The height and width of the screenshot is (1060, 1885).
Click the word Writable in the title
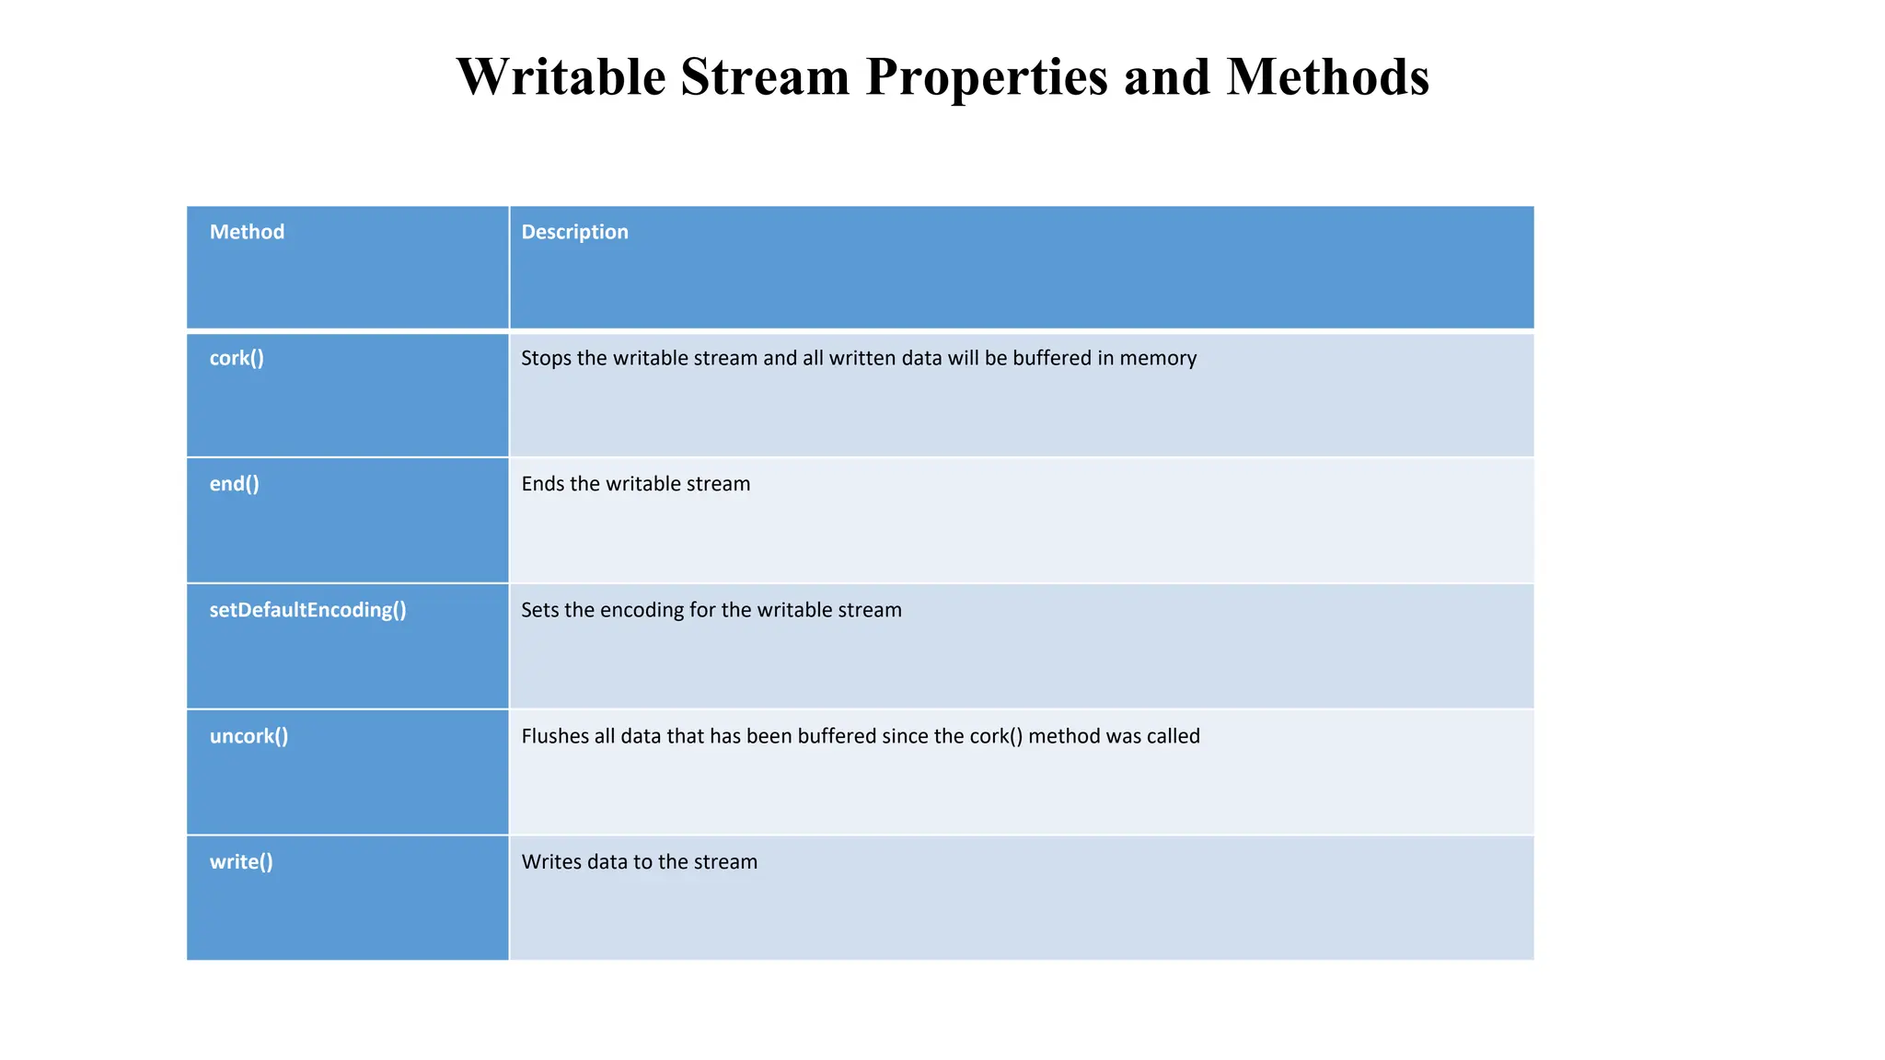pos(561,76)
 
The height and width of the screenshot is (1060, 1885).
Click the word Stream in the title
pos(765,76)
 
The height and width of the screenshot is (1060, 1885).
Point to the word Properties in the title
pos(987,76)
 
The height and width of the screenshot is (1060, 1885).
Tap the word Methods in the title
pos(1327,76)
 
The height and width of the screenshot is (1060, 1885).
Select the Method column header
pos(247,232)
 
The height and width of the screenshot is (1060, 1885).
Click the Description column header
pos(574,232)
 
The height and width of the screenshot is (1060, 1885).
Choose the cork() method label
pos(237,358)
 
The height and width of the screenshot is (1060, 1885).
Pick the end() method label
pos(234,484)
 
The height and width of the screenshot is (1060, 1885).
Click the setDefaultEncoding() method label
pos(307,610)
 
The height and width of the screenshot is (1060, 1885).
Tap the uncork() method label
pos(249,736)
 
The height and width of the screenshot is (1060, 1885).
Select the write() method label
pos(241,862)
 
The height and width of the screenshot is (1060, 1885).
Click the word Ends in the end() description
pos(542,484)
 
